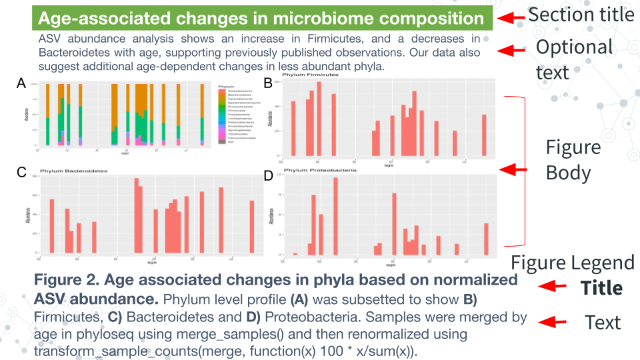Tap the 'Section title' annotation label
click(581, 14)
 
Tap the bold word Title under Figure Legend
click(601, 288)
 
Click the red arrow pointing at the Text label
click(553, 323)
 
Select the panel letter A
click(21, 83)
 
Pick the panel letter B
click(268, 83)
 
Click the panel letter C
click(21, 173)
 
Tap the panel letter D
click(268, 175)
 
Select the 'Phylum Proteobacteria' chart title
click(320, 171)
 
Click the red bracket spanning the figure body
click(524, 171)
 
